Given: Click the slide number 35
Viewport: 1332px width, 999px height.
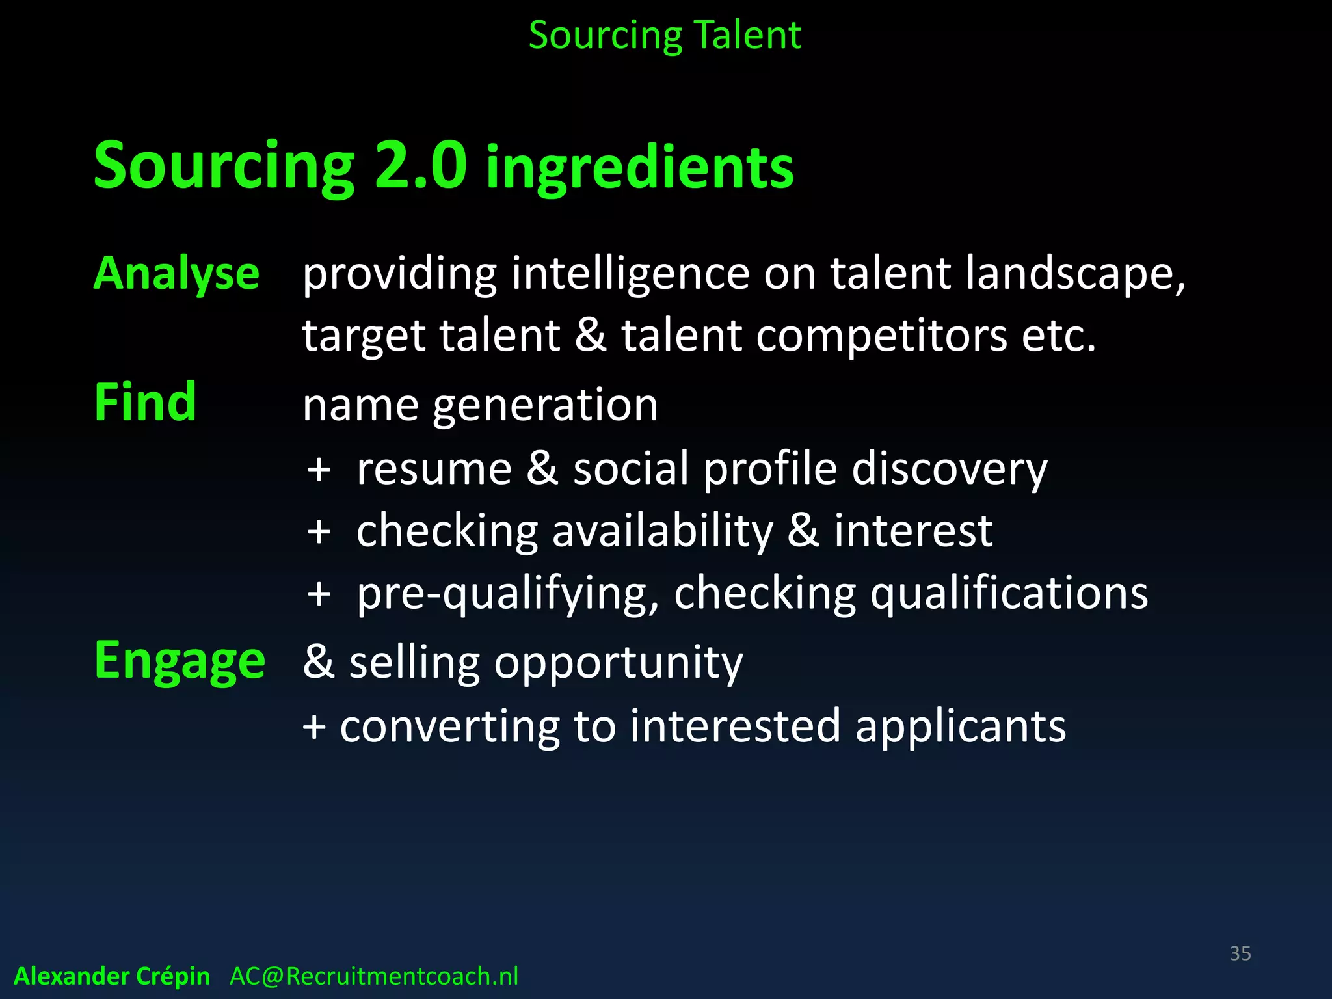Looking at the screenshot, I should coord(1240,953).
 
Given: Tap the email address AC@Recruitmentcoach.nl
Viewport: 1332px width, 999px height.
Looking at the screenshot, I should coord(374,976).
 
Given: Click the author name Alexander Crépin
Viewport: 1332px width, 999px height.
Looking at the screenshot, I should coord(112,976).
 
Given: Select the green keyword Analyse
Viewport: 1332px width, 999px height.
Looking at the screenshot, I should coord(177,274).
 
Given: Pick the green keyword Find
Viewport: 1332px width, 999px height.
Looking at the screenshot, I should coord(145,403).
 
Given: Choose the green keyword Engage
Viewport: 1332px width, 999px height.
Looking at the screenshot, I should coord(180,661).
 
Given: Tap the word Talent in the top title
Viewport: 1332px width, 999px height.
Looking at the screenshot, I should coord(748,35).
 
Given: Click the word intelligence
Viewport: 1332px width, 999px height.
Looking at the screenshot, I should coord(630,274).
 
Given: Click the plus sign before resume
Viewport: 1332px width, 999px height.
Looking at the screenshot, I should coord(319,469).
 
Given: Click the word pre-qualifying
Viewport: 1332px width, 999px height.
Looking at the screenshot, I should coord(508,594).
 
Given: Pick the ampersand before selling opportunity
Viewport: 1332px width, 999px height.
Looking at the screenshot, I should coord(319,661).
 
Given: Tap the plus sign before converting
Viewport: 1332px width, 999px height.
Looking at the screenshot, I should coord(314,726).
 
